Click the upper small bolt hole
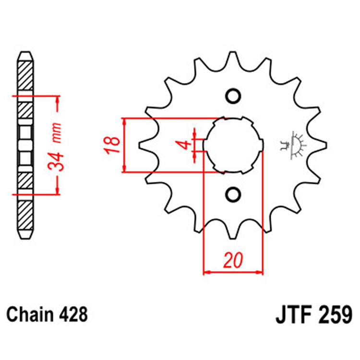point(233,96)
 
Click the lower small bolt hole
point(233,194)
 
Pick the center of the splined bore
point(233,145)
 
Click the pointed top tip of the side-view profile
point(26,51)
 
